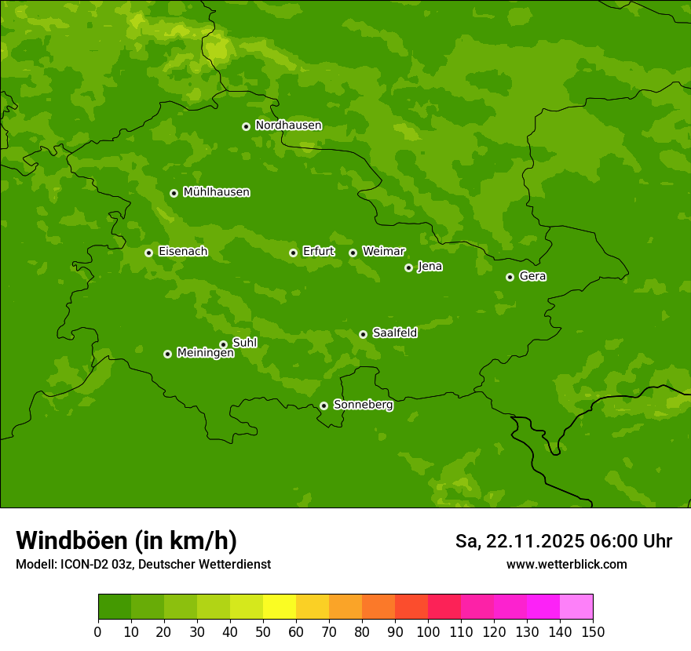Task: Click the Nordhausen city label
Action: tap(288, 125)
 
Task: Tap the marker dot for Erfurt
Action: tap(293, 253)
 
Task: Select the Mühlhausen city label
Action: tap(216, 192)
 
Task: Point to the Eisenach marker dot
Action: tap(148, 253)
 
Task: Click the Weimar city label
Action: tap(383, 252)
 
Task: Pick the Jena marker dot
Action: tap(408, 267)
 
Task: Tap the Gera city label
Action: tap(532, 276)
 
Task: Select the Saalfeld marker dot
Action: tap(363, 334)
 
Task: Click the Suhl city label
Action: tap(244, 343)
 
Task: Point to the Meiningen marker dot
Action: tap(167, 354)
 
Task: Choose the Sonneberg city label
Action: tap(363, 405)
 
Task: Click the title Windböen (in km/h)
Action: tap(126, 540)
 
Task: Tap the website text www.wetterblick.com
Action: tap(566, 564)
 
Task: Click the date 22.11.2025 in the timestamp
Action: tap(536, 541)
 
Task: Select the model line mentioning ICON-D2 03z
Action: tap(143, 564)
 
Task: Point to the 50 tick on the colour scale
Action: tap(263, 631)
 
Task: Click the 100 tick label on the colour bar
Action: tap(428, 631)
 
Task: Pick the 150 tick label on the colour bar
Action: tap(593, 631)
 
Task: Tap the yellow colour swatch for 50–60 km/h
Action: tap(280, 607)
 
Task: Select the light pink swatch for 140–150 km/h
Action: tap(576, 607)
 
